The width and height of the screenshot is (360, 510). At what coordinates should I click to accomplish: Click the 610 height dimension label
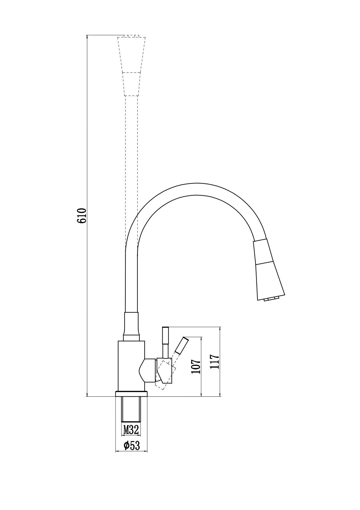(82, 215)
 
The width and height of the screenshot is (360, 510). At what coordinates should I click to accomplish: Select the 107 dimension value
(196, 367)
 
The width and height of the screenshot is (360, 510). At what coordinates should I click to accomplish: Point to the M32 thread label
(131, 430)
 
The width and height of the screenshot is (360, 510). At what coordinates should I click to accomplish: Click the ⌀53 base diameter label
(132, 445)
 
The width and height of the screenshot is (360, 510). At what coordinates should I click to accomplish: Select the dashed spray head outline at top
(132, 66)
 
